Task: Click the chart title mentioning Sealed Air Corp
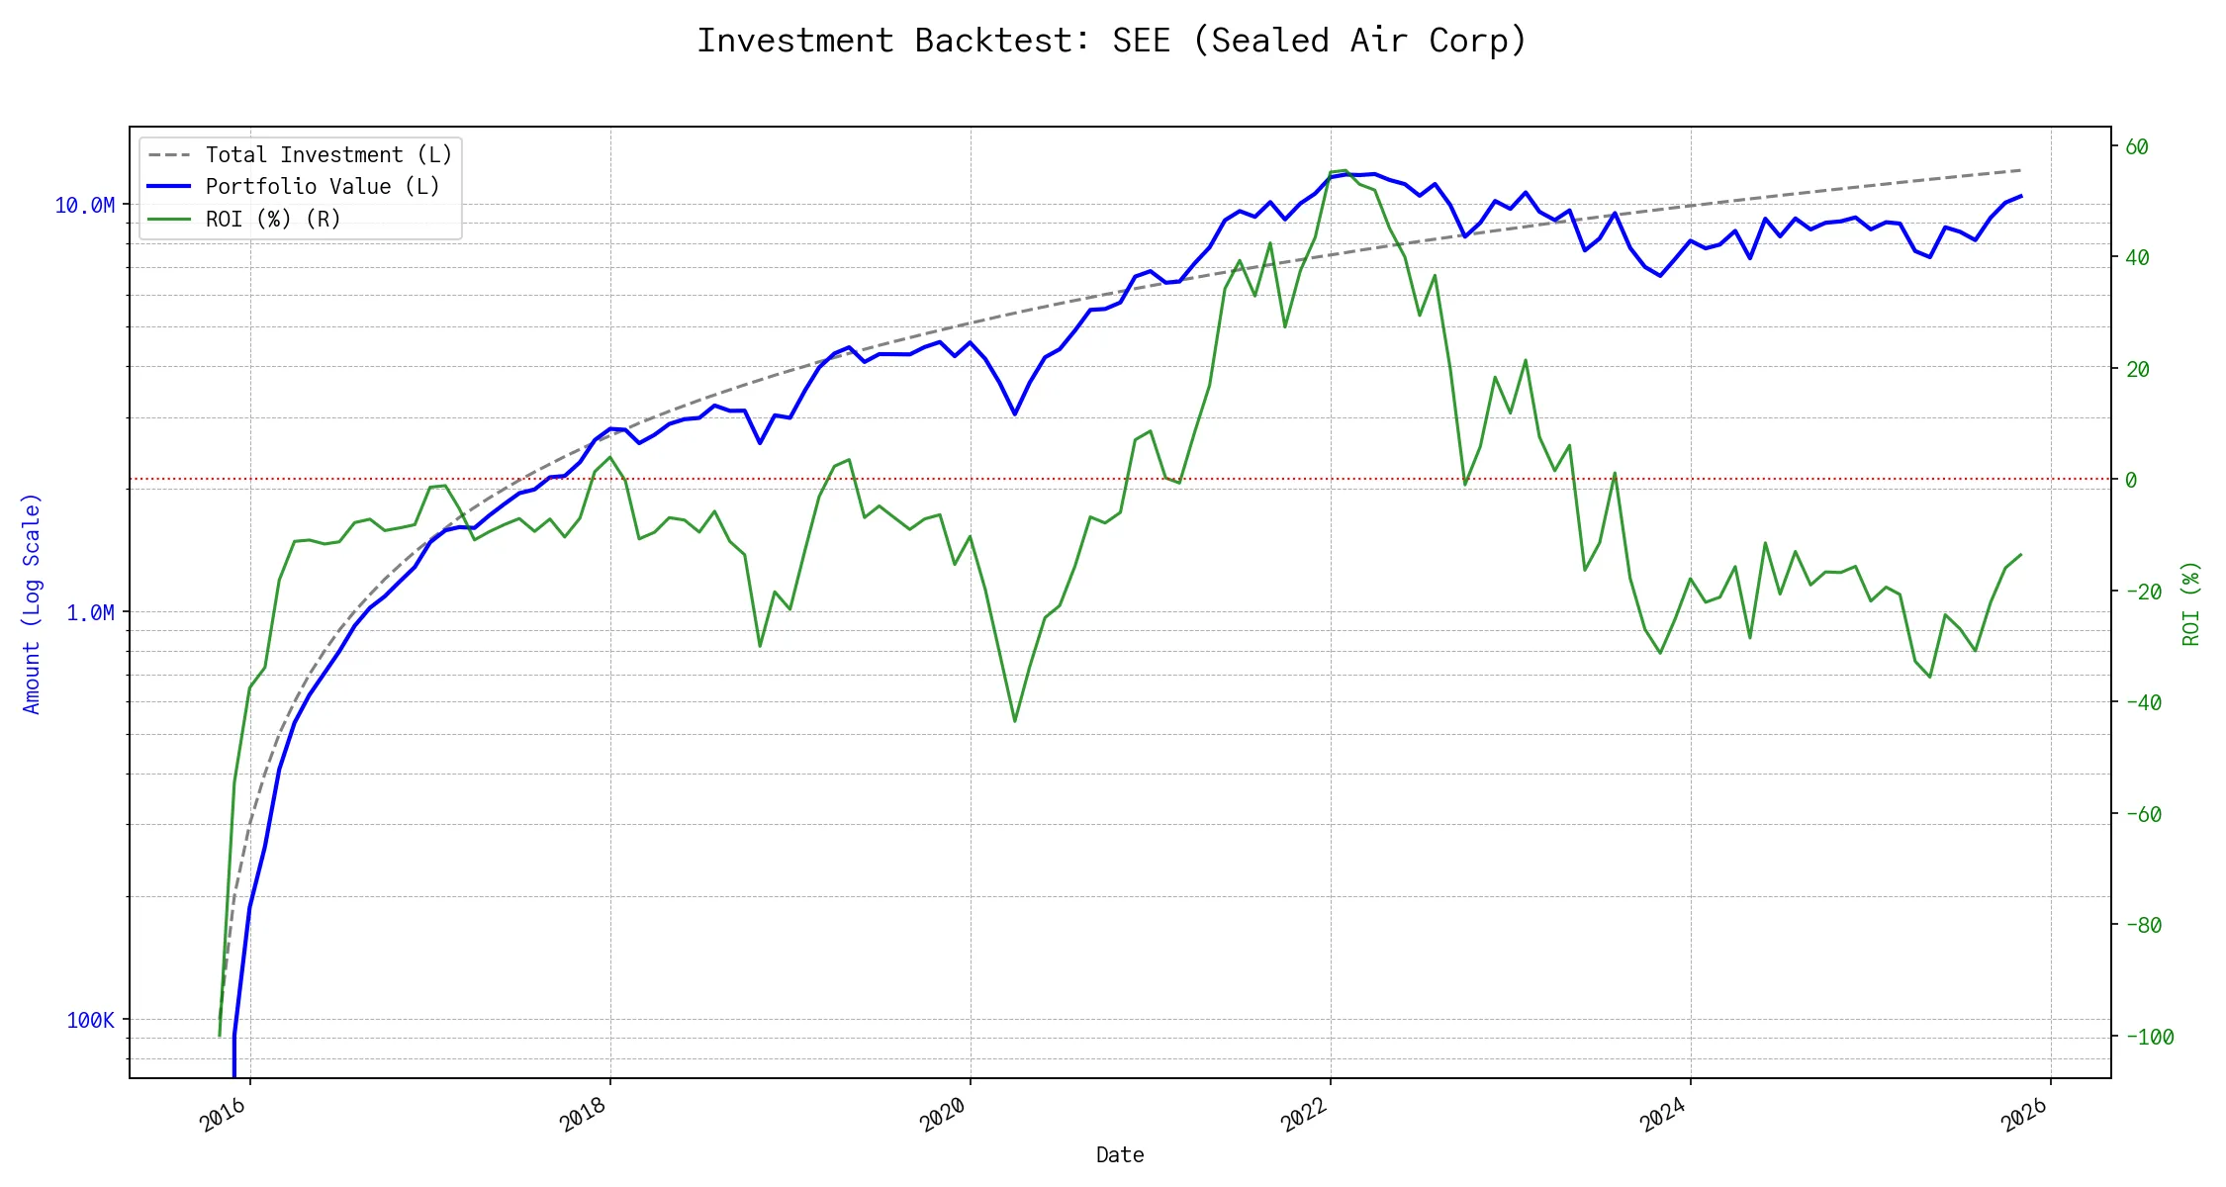click(1112, 41)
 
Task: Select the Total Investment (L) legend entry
click(327, 155)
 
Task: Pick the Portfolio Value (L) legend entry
click(322, 187)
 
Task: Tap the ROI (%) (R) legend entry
click(272, 219)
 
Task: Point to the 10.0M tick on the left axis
click(84, 206)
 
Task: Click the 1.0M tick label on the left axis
click(90, 613)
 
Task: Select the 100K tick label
click(90, 1021)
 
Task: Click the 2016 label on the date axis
click(224, 1116)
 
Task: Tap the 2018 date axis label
click(584, 1116)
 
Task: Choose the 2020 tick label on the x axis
click(944, 1116)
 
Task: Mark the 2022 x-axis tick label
click(1304, 1116)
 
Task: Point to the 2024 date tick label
click(1664, 1116)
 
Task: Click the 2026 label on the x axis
click(2024, 1116)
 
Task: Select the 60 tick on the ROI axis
click(2137, 147)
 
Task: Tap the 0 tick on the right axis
click(2131, 481)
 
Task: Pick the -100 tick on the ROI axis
click(2149, 1038)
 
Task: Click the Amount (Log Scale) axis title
click(32, 603)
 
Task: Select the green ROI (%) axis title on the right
click(2191, 603)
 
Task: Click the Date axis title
click(1120, 1155)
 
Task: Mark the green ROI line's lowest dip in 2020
click(1015, 721)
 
